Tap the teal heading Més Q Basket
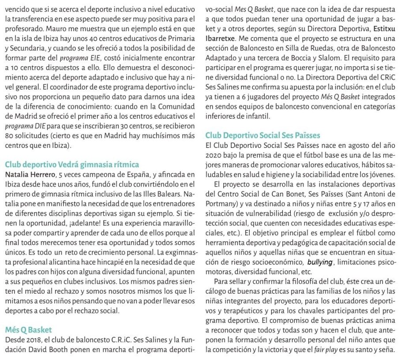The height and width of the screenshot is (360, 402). [28, 329]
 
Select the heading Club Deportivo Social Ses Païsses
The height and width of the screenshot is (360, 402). [263, 135]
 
